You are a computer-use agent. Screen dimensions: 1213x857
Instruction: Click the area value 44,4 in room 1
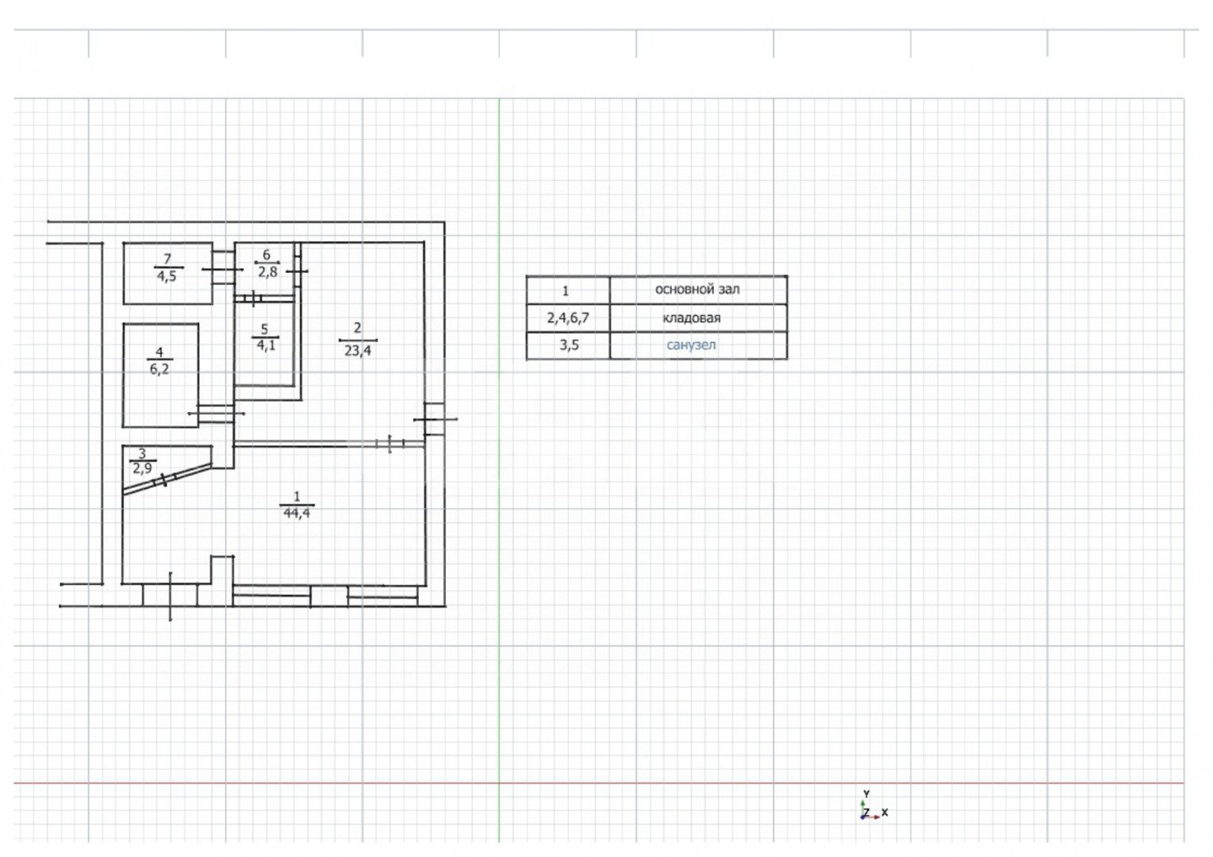[x=297, y=513]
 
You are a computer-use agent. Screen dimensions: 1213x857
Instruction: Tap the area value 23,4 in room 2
[x=358, y=351]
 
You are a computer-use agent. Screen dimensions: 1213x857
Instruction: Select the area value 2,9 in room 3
[x=143, y=468]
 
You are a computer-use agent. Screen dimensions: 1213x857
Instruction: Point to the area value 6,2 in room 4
[x=159, y=370]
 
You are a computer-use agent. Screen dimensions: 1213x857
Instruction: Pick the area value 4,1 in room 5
[x=266, y=345]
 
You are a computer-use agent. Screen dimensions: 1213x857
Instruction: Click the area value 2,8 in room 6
[x=267, y=272]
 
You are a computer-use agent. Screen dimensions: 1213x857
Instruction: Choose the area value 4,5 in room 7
[x=167, y=276]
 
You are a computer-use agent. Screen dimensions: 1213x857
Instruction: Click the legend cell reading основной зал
[x=697, y=290]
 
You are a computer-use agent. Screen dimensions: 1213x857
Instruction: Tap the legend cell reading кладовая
[x=692, y=318]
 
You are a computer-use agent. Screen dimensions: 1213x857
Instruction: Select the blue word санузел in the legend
[x=691, y=344]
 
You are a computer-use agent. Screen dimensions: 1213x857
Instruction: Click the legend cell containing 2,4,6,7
[x=568, y=318]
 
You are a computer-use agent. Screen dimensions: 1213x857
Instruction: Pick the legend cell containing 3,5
[x=569, y=345]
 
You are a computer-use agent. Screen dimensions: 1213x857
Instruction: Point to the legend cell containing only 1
[x=566, y=291]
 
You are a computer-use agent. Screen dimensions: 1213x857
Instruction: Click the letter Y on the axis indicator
[x=866, y=794]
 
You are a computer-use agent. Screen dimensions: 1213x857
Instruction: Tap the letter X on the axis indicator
[x=885, y=812]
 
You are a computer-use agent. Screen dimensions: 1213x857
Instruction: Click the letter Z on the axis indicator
[x=866, y=813]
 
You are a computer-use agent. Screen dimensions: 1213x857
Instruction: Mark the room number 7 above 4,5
[x=167, y=259]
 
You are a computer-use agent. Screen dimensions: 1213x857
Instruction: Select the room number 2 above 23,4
[x=358, y=327]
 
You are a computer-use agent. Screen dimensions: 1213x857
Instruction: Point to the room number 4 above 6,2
[x=159, y=352]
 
